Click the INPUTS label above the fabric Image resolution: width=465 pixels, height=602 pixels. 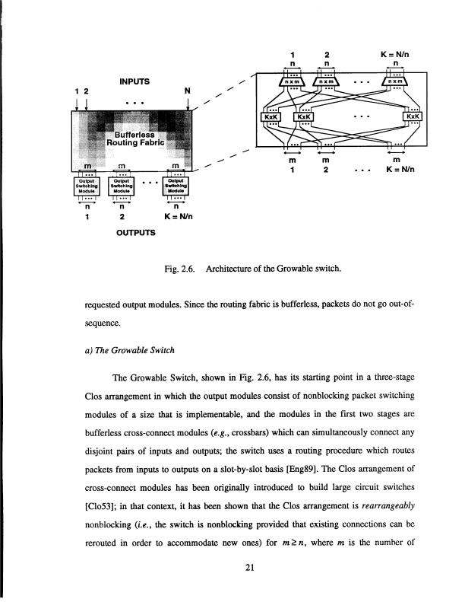pyautogui.click(x=134, y=81)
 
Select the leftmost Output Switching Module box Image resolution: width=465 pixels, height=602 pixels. pyautogui.click(x=88, y=186)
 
